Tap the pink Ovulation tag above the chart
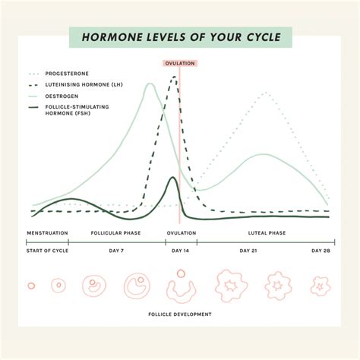pos(179,63)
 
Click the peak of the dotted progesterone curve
pos(265,93)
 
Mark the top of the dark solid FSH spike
pos(173,178)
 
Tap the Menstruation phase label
pos(48,232)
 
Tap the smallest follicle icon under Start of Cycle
pos(31,286)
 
